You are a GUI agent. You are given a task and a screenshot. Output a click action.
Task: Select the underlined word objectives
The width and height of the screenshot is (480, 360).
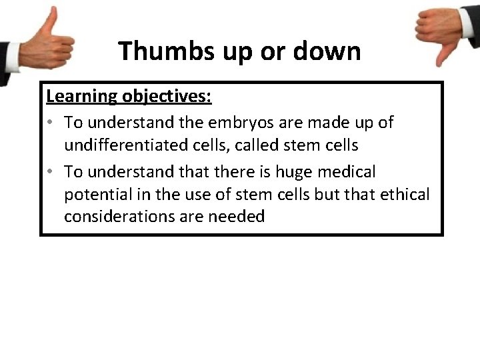click(x=167, y=97)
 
